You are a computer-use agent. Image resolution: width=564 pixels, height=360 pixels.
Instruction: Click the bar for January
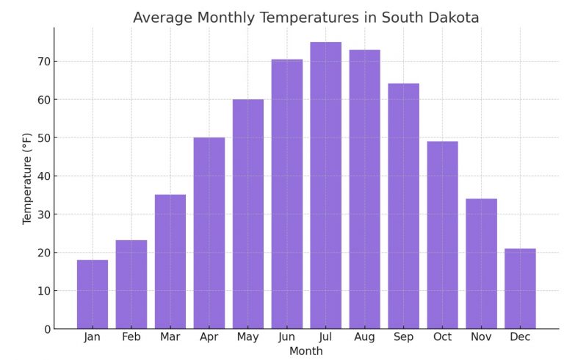92,294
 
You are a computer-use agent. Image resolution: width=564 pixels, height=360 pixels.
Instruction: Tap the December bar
520,288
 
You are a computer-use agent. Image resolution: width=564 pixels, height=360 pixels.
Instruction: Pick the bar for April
209,233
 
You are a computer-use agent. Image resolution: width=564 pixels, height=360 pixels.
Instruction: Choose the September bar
403,206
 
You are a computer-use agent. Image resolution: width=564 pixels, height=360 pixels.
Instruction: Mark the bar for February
131,284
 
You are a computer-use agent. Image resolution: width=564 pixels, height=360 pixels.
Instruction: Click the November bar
481,263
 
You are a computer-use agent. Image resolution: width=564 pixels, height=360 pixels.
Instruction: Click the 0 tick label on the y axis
46,329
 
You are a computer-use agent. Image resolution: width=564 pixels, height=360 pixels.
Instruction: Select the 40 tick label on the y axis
43,176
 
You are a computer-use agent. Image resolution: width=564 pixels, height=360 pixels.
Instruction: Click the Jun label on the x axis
286,337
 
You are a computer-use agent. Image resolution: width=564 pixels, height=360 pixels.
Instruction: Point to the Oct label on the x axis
442,337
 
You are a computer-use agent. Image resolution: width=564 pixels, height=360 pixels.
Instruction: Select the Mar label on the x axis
170,337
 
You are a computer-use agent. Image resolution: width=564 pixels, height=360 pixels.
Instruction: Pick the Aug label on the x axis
364,337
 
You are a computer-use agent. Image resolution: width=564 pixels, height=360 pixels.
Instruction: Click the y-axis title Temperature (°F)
27,179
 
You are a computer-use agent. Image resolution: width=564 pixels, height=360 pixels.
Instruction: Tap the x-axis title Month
305,351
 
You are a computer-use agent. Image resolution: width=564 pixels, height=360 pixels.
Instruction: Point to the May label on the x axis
247,337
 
